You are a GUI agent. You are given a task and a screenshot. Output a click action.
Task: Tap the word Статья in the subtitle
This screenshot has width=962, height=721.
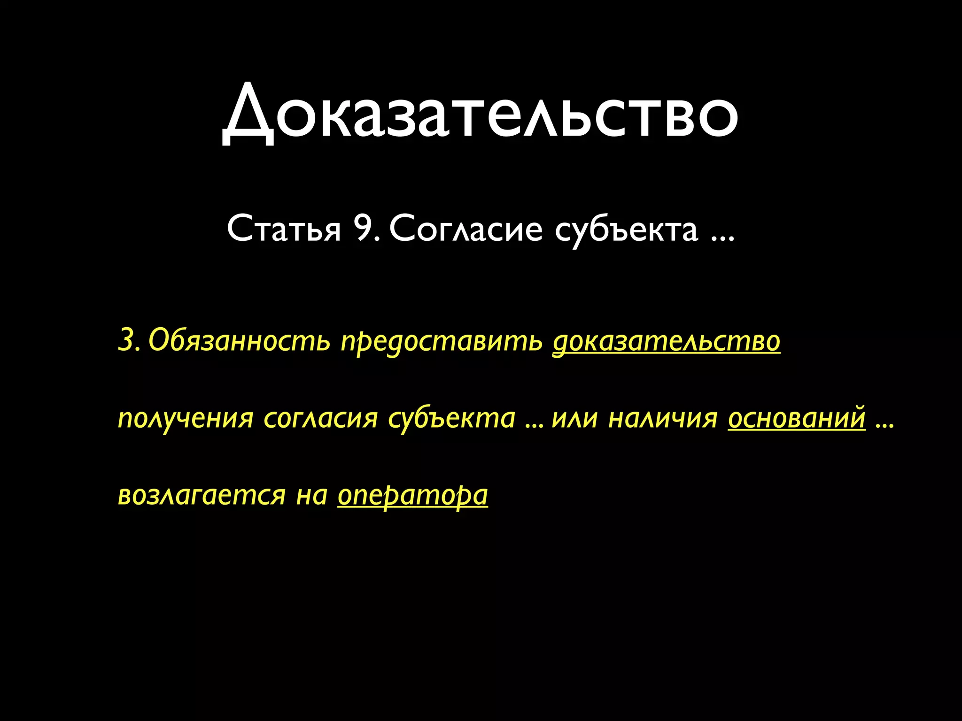284,229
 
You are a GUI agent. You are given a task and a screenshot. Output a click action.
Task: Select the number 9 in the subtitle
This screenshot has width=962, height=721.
364,229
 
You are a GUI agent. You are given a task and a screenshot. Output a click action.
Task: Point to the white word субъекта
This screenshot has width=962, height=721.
626,230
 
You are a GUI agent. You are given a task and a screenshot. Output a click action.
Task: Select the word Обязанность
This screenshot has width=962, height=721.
240,340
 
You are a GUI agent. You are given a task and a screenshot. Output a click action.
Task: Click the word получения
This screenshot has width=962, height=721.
186,418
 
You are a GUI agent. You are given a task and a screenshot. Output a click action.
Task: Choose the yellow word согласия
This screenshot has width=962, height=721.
320,418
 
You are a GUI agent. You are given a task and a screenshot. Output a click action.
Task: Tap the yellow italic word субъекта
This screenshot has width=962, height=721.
452,419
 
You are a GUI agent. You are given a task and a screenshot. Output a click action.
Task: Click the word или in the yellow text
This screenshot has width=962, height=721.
574,418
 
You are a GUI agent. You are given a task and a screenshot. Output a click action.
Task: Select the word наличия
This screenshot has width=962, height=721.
663,418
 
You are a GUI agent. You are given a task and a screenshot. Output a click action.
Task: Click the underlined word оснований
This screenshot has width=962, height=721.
797,417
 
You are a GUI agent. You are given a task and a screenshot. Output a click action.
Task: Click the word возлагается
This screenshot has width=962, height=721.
202,495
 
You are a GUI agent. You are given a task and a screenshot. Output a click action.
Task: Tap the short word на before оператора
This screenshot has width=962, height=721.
311,495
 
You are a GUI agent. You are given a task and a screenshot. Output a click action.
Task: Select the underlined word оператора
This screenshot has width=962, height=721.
412,496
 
